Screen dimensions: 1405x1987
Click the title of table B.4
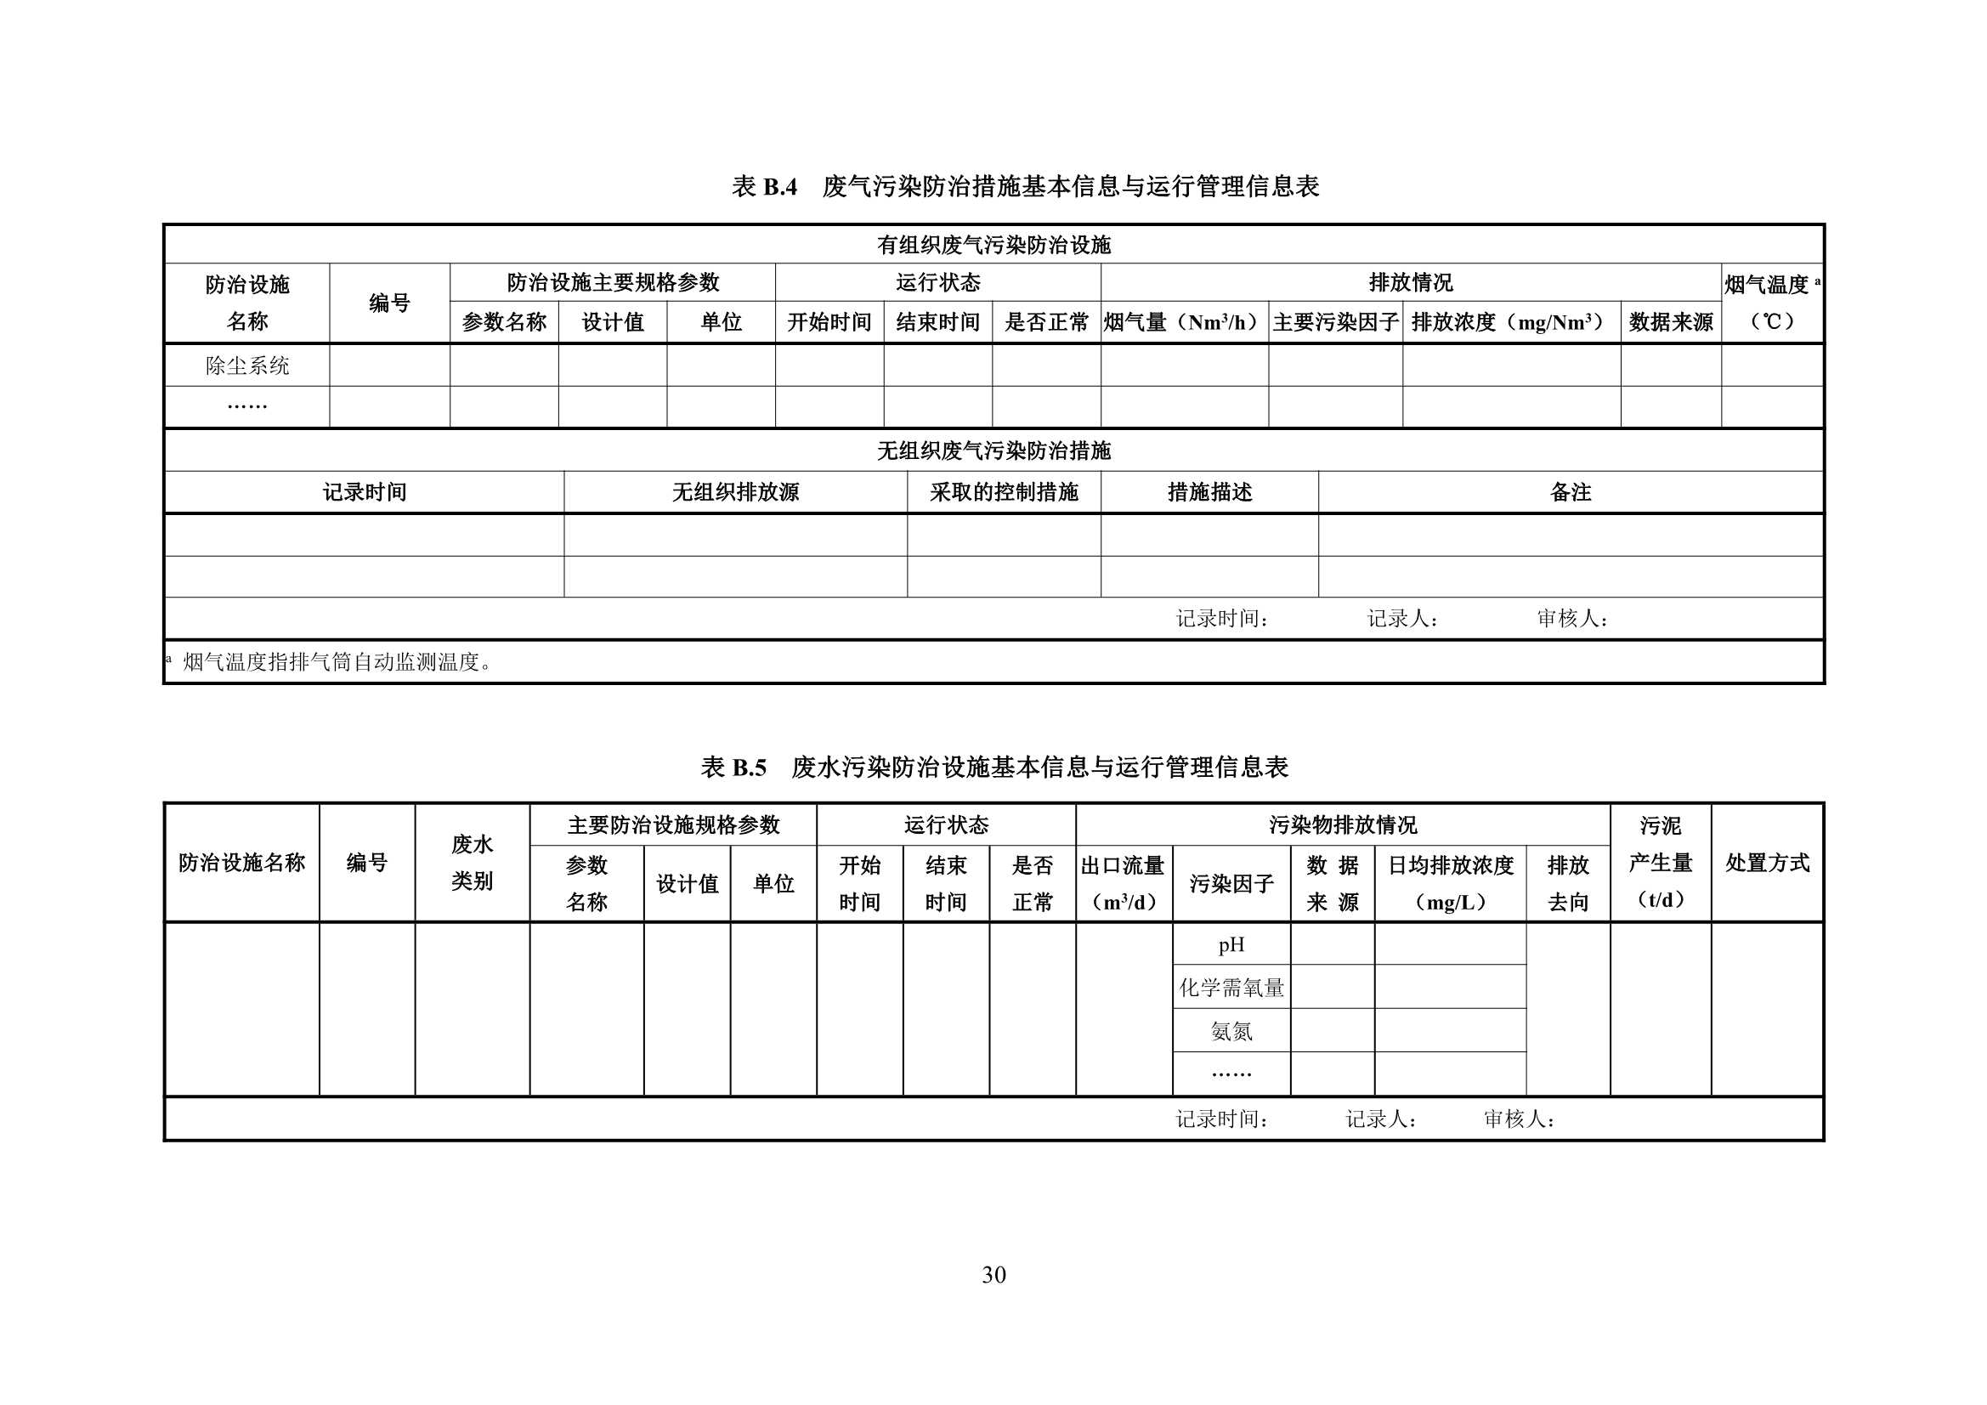tap(1026, 186)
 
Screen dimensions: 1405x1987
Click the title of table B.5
tap(994, 767)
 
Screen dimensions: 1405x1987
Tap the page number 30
tap(993, 1274)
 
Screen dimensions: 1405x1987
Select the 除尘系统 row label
tap(247, 365)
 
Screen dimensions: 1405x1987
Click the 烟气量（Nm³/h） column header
tap(1183, 323)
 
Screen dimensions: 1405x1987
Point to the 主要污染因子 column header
tap(1335, 323)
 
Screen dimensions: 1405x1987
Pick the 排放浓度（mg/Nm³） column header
tap(1510, 323)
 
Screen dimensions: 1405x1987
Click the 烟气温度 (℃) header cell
tap(1771, 303)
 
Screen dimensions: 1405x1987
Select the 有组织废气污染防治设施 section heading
tap(993, 245)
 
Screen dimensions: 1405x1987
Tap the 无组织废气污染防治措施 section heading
tap(993, 450)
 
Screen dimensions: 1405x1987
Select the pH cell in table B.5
tap(1231, 944)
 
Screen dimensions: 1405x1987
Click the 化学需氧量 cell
tap(1231, 988)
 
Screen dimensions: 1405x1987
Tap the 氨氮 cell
tap(1231, 1031)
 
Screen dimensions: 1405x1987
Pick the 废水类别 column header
tap(472, 862)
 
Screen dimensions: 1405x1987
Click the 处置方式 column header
tap(1766, 862)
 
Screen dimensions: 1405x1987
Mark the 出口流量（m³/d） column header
tap(1124, 883)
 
